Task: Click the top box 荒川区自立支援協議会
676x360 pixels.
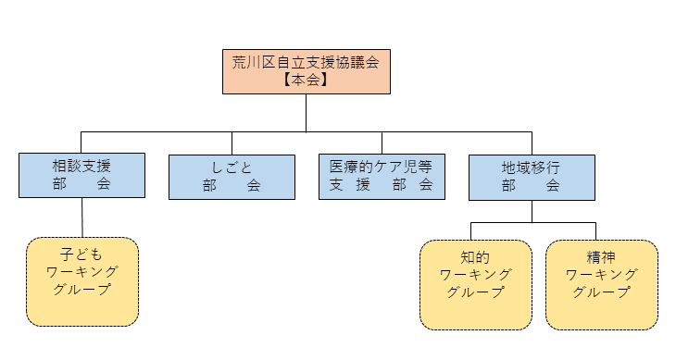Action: [x=306, y=71]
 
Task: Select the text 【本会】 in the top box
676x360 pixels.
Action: [x=306, y=81]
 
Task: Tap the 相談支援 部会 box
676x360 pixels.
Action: [x=81, y=176]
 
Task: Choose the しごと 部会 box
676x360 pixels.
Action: [x=232, y=176]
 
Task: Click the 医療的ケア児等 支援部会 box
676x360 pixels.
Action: [x=381, y=176]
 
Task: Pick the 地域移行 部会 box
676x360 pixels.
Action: [x=531, y=176]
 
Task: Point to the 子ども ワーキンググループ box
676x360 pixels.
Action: [x=82, y=282]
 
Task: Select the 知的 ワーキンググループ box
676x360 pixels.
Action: [x=476, y=284]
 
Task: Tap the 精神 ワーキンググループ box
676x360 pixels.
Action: [x=602, y=284]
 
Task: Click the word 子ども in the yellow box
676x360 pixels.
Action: [x=82, y=252]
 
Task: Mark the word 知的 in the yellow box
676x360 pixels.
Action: [x=476, y=256]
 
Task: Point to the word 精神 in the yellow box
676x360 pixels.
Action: [x=602, y=256]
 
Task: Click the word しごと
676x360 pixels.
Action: [x=232, y=168]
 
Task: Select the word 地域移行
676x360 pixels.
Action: [x=531, y=168]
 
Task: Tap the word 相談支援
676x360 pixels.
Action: [x=81, y=168]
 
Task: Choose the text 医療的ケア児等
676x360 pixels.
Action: [x=381, y=168]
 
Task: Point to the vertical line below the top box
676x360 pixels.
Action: [x=306, y=112]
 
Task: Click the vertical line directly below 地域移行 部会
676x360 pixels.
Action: [x=532, y=210]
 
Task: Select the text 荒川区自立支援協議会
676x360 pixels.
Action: [x=306, y=62]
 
